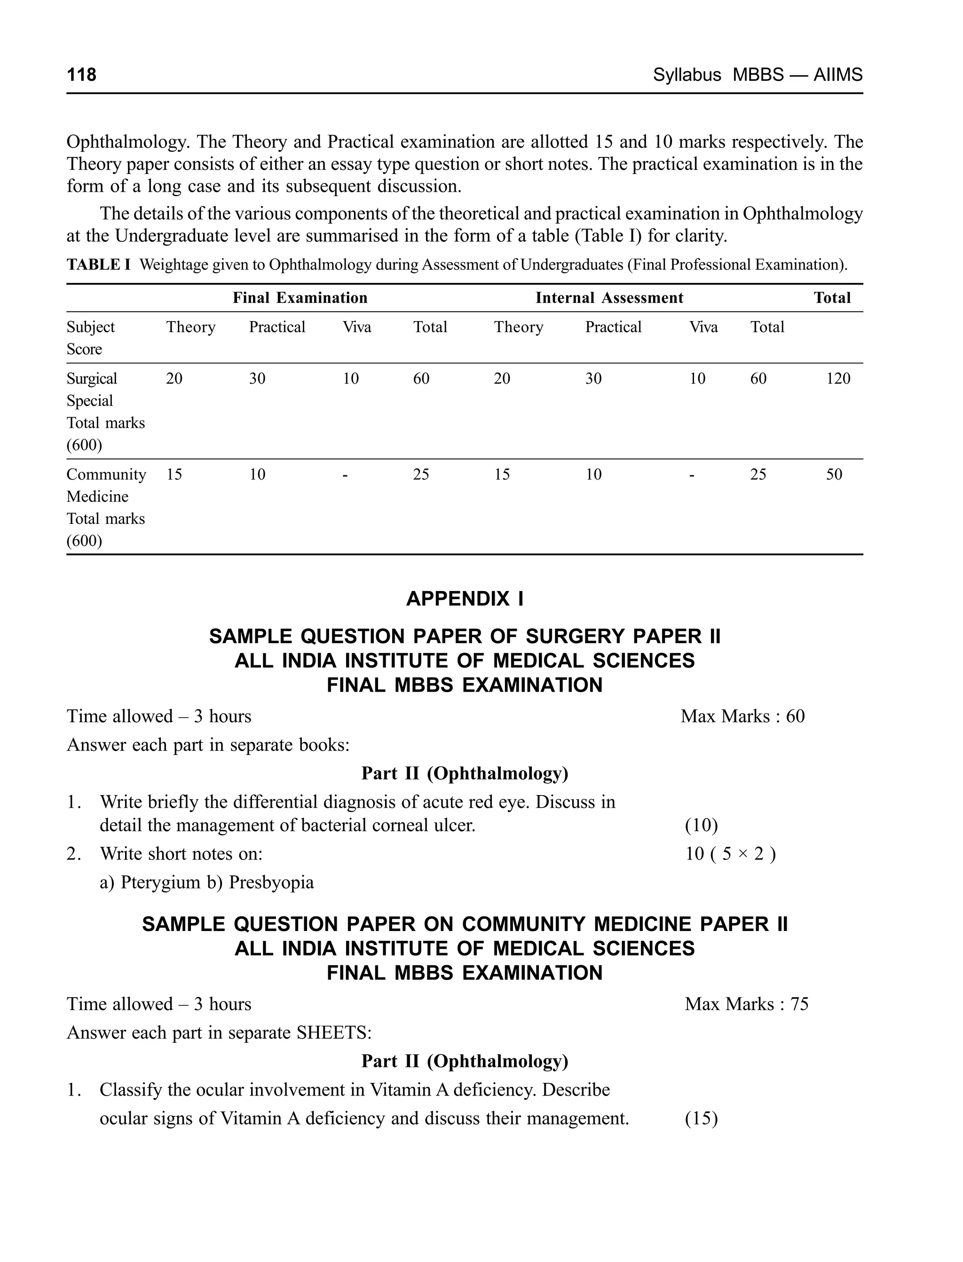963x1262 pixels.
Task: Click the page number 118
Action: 81,74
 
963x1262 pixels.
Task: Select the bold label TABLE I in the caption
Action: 99,264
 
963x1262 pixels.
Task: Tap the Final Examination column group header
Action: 300,298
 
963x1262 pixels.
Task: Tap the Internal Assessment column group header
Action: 609,298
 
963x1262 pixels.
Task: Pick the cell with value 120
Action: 838,378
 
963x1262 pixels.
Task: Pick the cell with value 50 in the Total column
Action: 834,474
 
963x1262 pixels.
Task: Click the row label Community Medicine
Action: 106,485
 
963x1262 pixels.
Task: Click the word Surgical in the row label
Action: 92,378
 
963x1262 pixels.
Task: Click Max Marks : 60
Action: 742,717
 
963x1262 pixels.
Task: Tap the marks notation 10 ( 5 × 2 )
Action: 730,854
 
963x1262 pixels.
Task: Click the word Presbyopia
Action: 271,882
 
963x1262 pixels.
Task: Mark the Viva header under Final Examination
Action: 356,327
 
